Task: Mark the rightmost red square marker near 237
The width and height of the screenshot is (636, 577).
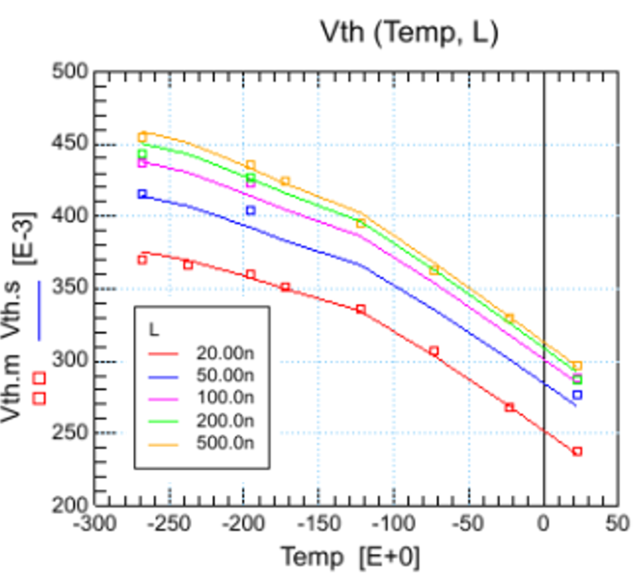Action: tap(577, 451)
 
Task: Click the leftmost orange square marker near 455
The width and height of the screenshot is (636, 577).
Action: tap(142, 137)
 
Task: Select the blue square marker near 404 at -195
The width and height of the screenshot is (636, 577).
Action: tap(251, 210)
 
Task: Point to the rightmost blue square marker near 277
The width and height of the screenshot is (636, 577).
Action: tap(577, 395)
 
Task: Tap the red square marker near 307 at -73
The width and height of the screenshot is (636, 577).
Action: tap(433, 351)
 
